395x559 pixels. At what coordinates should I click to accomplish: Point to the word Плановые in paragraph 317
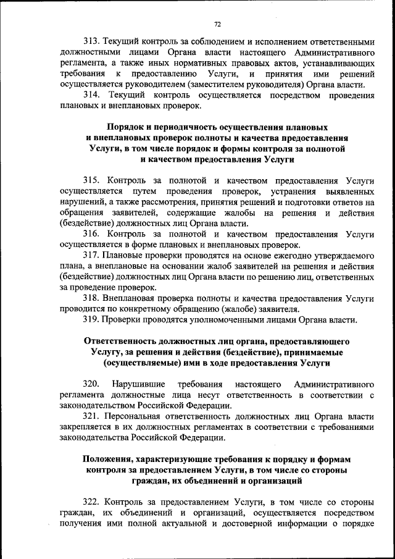coord(127,256)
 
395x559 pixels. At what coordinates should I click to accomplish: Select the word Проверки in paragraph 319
coord(127,320)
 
